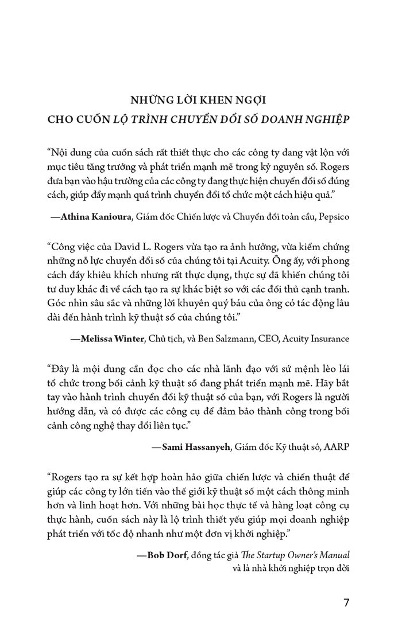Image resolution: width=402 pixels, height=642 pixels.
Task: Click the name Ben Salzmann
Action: point(212,338)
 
